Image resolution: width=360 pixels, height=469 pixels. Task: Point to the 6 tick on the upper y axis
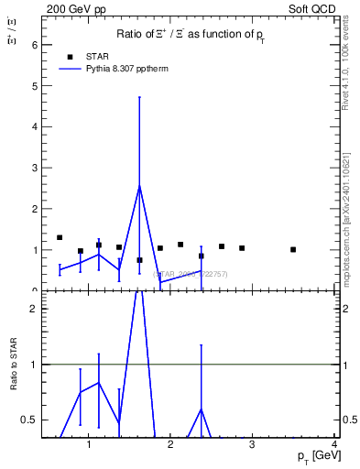(35, 45)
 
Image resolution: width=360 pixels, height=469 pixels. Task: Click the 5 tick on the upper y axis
(35, 86)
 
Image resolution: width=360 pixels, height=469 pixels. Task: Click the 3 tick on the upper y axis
(35, 168)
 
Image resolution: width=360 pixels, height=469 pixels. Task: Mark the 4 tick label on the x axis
(334, 446)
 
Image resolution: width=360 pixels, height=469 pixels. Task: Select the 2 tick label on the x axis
(170, 446)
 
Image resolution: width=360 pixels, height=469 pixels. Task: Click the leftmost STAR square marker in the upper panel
(60, 238)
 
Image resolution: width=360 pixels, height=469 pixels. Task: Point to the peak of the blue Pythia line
(139, 186)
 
